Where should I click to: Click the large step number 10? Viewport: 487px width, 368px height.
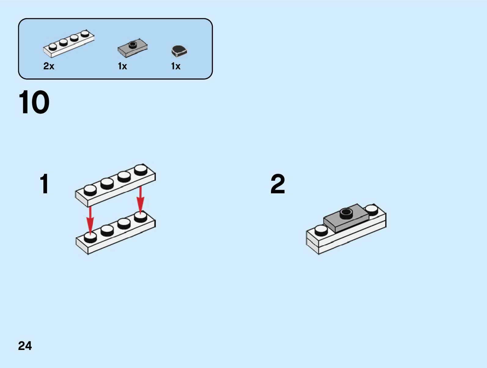(x=34, y=102)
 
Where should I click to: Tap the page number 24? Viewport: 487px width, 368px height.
(x=25, y=346)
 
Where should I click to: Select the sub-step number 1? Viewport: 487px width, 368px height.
(x=44, y=184)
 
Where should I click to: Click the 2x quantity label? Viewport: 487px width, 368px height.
(x=49, y=66)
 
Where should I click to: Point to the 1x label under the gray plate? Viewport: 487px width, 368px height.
(x=122, y=66)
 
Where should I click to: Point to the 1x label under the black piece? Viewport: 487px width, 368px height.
(x=176, y=66)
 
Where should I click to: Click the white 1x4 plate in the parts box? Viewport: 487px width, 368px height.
(x=69, y=44)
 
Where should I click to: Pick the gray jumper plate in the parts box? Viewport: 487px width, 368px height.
(x=132, y=48)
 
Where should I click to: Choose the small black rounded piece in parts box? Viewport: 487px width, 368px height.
(x=179, y=51)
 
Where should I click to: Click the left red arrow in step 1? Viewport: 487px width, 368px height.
(x=90, y=219)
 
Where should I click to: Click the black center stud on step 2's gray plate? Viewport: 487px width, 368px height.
(x=346, y=213)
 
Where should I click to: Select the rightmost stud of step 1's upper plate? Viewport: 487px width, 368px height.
(x=141, y=169)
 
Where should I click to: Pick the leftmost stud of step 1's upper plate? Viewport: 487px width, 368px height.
(x=90, y=190)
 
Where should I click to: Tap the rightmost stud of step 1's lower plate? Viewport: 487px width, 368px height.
(x=141, y=216)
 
